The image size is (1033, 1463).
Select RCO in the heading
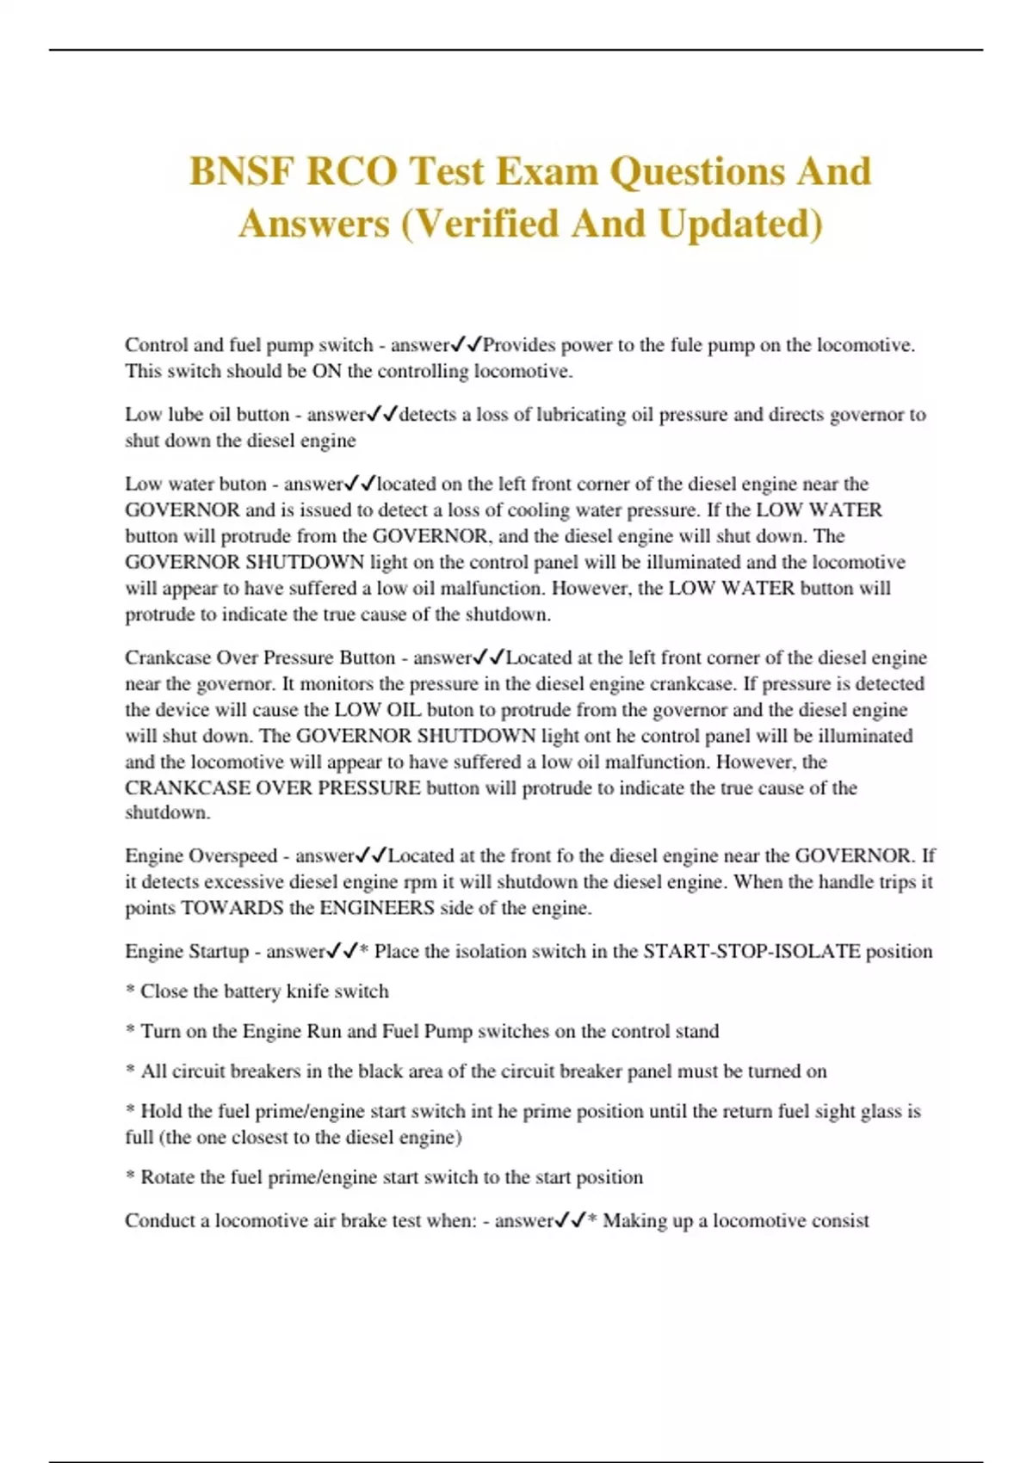(352, 171)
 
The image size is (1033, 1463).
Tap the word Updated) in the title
(740, 224)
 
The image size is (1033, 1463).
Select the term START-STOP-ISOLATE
(752, 952)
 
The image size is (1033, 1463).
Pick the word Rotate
(169, 1177)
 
